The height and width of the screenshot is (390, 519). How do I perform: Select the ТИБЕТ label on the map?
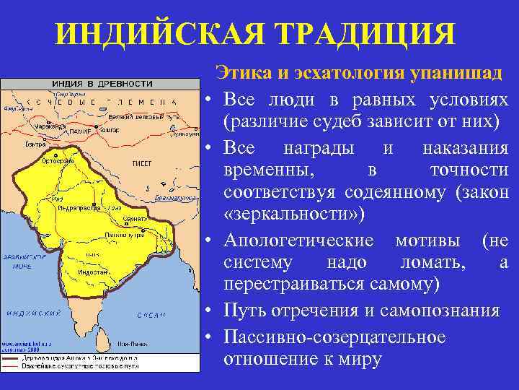(x=141, y=163)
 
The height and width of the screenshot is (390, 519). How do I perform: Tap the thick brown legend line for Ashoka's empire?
(x=22, y=357)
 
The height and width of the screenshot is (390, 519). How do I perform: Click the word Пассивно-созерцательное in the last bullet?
(x=334, y=337)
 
